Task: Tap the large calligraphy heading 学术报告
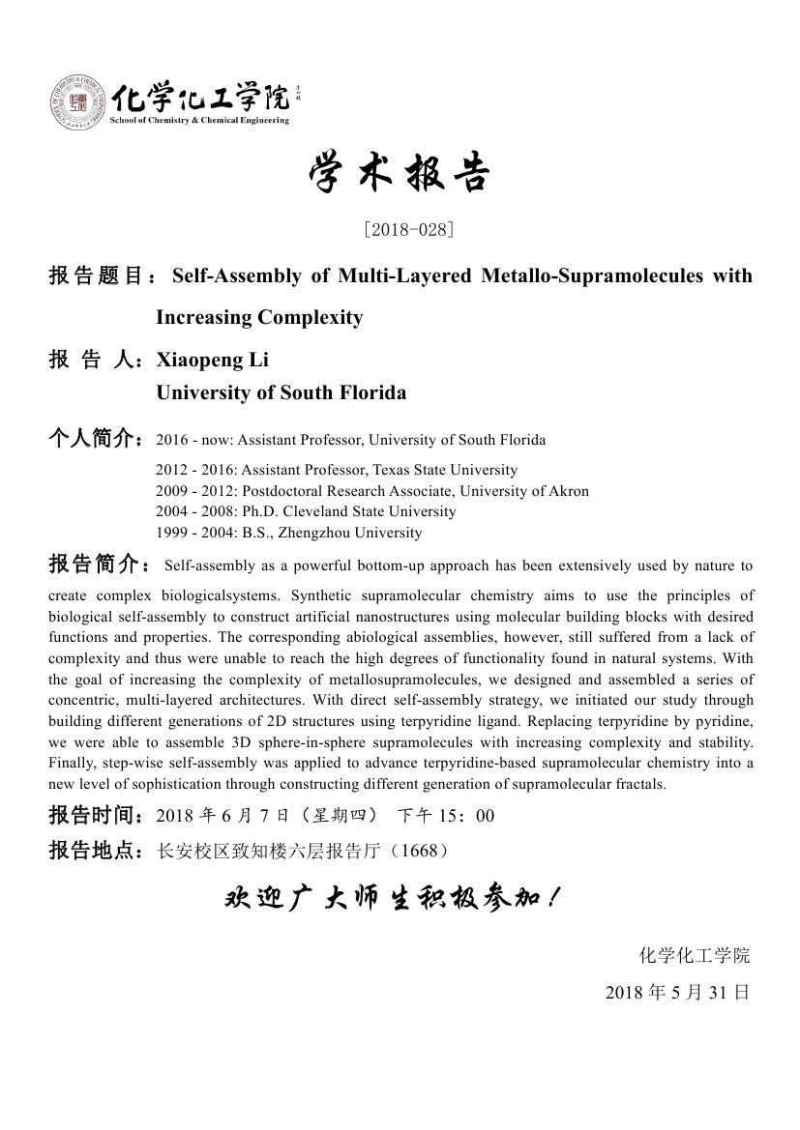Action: pos(400,175)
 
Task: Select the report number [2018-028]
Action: pos(408,230)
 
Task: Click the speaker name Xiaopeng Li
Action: pos(213,361)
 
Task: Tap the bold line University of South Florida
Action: pos(281,393)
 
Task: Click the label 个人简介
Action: pos(97,440)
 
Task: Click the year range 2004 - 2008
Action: pos(188,511)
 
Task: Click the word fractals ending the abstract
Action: pos(641,784)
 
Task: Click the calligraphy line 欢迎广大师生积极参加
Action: pos(392,899)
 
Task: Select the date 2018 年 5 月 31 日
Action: pos(677,993)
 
